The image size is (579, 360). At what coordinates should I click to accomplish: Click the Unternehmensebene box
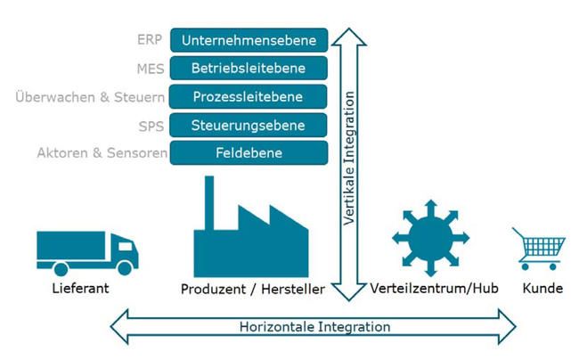(x=249, y=40)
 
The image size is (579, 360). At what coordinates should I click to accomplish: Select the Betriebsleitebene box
(x=249, y=68)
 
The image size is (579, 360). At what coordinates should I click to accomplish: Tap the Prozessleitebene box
(x=249, y=96)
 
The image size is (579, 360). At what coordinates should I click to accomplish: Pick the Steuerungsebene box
(x=249, y=125)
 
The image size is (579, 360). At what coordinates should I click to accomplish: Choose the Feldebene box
(x=249, y=153)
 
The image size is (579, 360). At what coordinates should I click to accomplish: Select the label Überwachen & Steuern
(x=92, y=96)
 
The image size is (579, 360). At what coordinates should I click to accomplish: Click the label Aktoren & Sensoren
(x=102, y=153)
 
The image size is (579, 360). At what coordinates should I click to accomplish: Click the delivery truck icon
(x=87, y=251)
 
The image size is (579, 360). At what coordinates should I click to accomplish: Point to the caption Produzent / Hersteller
(x=252, y=290)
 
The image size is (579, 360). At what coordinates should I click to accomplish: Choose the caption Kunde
(x=542, y=290)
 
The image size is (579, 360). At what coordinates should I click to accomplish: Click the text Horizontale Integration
(x=314, y=327)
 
